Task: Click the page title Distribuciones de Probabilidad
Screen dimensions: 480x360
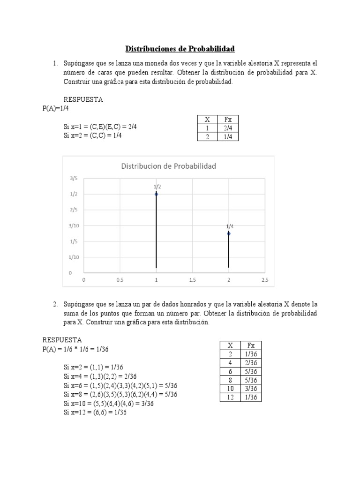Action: [x=180, y=49]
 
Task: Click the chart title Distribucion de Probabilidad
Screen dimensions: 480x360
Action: [x=169, y=166]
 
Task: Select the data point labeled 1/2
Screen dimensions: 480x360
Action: [x=156, y=194]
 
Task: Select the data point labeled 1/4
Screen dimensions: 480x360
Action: [x=229, y=233]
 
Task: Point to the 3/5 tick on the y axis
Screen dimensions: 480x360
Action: [x=74, y=178]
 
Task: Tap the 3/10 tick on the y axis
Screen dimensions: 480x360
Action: [x=74, y=225]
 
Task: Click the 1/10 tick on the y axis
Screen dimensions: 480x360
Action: [x=74, y=257]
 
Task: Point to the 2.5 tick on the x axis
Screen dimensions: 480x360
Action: [x=264, y=280]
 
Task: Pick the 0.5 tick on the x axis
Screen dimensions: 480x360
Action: [x=120, y=280]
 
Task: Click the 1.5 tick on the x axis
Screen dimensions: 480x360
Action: [x=192, y=280]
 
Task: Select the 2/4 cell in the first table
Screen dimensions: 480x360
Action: [x=228, y=128]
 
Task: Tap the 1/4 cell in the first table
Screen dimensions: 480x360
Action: [x=228, y=136]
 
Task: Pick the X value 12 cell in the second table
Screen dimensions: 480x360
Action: [x=230, y=397]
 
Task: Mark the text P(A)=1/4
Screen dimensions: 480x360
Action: [x=55, y=108]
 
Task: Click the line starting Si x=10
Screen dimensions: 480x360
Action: [x=109, y=403]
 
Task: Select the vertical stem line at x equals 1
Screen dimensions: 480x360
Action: [x=156, y=232]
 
